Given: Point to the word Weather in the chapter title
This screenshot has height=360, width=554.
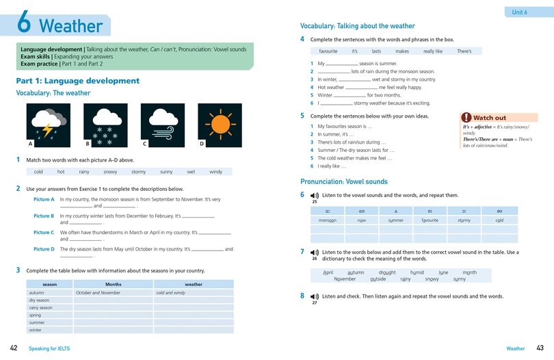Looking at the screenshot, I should point(70,27).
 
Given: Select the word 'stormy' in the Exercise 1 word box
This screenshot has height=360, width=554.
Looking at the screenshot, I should point(138,172).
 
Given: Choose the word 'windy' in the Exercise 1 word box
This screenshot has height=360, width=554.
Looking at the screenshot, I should point(215,172).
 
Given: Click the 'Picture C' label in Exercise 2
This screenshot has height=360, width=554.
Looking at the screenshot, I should point(44,232).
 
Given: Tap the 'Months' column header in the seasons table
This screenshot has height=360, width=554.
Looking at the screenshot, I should point(113,284).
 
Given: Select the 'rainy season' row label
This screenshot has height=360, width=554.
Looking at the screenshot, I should point(40,307).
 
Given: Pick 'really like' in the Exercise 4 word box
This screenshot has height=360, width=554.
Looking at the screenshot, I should point(432,51).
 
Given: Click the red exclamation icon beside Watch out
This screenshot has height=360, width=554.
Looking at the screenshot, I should point(466,118).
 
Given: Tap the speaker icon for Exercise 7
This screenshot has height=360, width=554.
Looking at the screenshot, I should point(315,253).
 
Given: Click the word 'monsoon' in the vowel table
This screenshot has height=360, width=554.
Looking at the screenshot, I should point(327,220).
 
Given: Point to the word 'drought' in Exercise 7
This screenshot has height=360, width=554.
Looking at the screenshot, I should point(386,272).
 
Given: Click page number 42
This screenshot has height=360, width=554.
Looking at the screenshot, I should point(14,348).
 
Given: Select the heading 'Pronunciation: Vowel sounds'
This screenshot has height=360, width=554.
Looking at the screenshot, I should point(344,182).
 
